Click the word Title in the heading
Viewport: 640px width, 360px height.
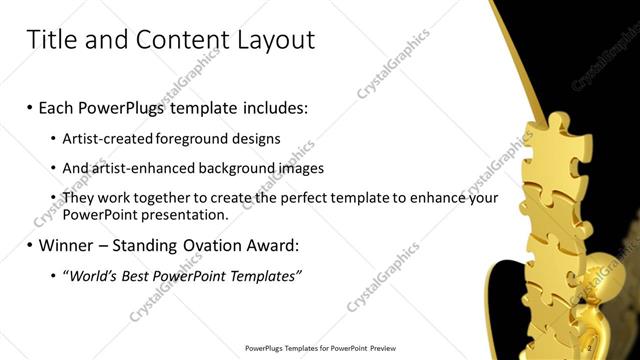49,39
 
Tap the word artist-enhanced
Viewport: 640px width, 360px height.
142,168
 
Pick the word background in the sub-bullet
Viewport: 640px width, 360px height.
234,168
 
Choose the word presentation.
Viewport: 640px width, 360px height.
190,214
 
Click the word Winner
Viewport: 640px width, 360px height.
68,245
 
